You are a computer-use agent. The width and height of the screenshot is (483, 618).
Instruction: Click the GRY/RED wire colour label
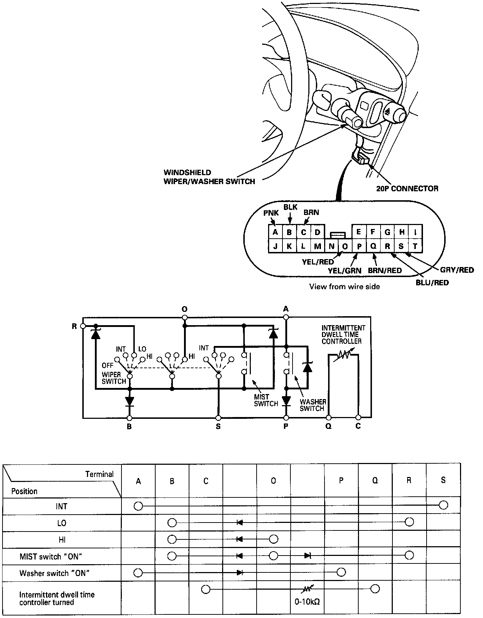pos(457,270)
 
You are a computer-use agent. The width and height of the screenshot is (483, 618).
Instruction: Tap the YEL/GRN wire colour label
pos(345,271)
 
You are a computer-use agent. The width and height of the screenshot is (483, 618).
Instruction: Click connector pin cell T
pos(415,246)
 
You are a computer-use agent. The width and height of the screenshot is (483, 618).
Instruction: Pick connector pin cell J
pos(275,246)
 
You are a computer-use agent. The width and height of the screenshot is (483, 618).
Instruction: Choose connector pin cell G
pos(387,232)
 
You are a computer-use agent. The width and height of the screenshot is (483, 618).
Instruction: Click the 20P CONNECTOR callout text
pos(407,188)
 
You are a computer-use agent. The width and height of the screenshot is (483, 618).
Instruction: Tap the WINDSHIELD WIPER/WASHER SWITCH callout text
pos(209,177)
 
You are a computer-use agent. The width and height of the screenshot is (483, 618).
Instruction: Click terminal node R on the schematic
pos(83,326)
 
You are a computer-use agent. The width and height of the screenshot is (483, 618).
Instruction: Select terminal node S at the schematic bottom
pos(218,418)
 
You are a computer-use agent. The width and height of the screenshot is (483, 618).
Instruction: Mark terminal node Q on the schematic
pos(328,418)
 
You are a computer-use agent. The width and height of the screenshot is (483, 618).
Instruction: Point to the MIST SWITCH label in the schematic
pos(266,400)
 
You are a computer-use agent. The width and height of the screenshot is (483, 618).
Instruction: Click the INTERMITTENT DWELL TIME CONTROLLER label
pos(343,334)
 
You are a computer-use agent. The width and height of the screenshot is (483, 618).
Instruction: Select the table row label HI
pos(62,540)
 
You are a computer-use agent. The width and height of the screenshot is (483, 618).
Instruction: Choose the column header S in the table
pos(443,480)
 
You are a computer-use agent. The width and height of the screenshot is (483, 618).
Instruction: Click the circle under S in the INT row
pos(443,506)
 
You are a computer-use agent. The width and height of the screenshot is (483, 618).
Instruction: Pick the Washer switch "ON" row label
pos(54,573)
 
